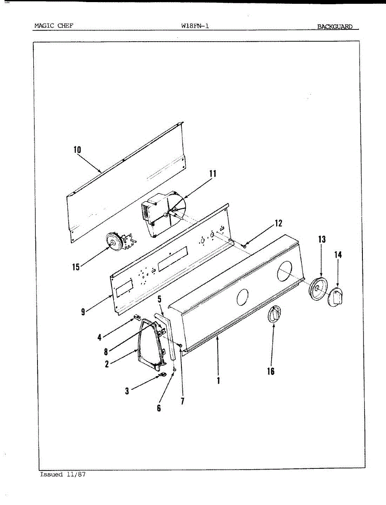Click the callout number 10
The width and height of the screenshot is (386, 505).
pos(77,150)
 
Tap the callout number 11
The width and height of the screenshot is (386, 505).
pos(213,173)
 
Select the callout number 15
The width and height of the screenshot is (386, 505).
pos(76,267)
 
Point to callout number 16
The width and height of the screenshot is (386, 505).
pos(271,371)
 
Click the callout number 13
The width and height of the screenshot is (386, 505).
pos(322,239)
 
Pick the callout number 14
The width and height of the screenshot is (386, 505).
pos(338,255)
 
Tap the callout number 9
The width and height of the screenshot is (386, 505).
pos(83,312)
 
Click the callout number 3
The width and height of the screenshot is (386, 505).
pos(127,391)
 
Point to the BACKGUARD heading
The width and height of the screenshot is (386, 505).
pos(335,27)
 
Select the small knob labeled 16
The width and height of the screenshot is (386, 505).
pos(274,314)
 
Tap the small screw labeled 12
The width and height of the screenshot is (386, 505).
pos(245,245)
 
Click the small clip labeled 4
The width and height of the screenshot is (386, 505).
pos(136,316)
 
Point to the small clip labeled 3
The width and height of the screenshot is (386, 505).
pos(162,374)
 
